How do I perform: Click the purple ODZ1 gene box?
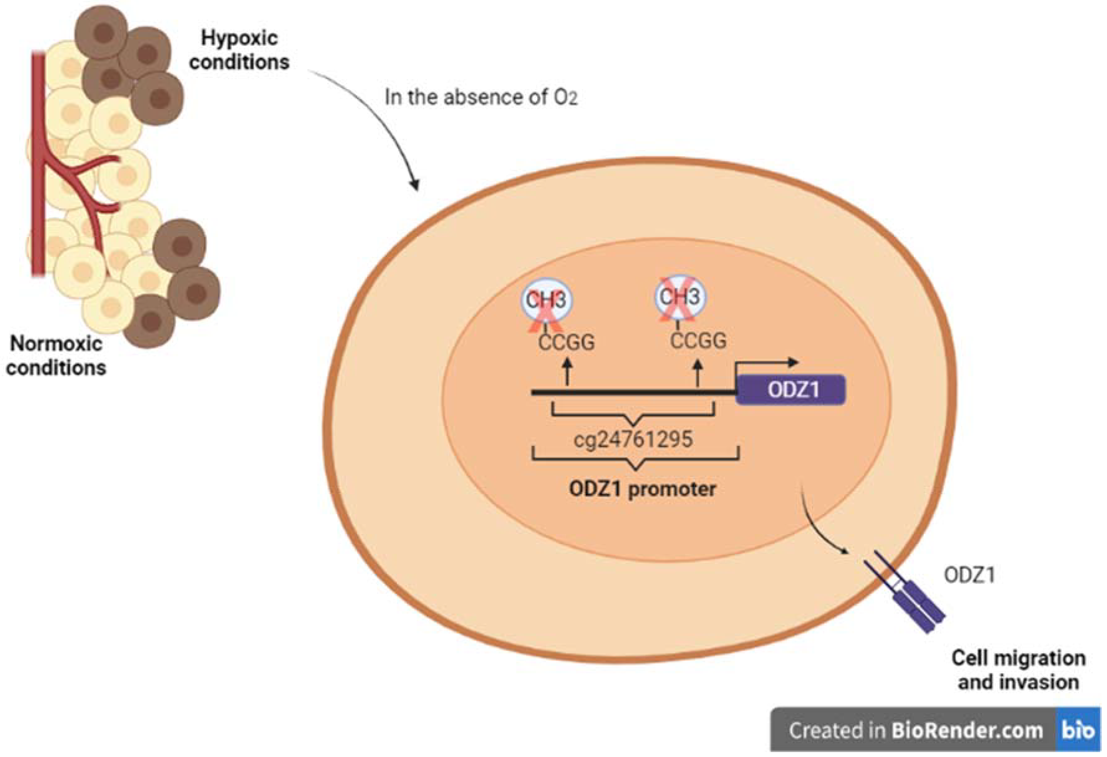791,390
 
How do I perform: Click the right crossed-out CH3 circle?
680,297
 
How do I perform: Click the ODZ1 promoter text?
642,489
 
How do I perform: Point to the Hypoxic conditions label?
239,50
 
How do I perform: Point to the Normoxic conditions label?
56,355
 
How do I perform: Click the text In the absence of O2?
481,98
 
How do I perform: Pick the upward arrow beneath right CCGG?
698,372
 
